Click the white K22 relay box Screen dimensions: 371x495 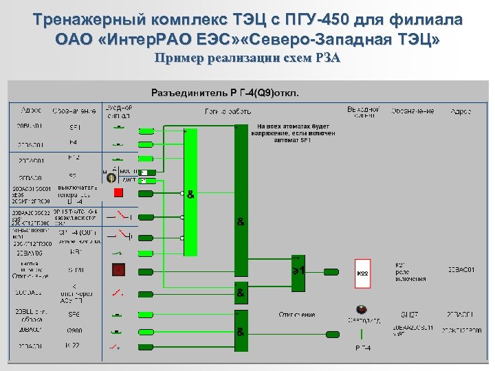click(x=362, y=273)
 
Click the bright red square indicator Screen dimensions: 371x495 click(x=118, y=192)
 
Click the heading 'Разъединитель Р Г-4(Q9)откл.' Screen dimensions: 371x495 click(x=224, y=92)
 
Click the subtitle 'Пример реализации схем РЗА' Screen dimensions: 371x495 click(x=247, y=58)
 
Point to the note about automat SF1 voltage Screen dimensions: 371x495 click(x=294, y=133)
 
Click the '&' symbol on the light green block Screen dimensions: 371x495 click(x=190, y=194)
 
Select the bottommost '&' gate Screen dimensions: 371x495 click(x=241, y=332)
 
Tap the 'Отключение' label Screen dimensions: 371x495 click(x=296, y=315)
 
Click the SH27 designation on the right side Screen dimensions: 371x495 click(x=410, y=315)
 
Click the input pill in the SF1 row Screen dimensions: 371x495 click(x=146, y=130)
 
